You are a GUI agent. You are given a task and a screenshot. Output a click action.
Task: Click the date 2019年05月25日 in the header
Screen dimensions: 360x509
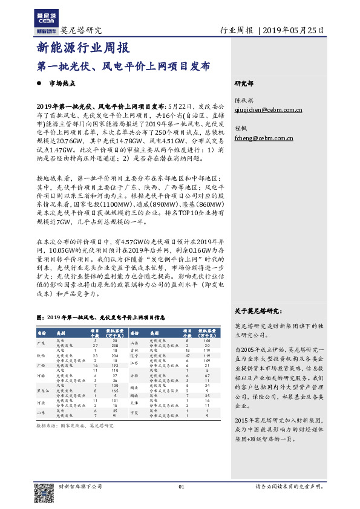tap(295, 30)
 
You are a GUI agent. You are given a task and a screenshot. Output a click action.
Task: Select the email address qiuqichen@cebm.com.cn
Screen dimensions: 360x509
tap(260, 110)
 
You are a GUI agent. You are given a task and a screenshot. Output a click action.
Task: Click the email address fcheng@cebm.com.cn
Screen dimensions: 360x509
tap(255, 138)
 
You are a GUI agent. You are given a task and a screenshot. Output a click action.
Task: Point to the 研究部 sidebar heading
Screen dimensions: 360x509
tap(244, 83)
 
